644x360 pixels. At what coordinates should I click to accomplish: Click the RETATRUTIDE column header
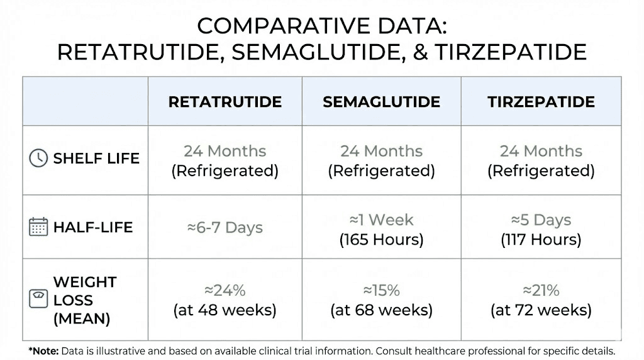click(225, 102)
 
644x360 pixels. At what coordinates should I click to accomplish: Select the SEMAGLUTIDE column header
click(381, 102)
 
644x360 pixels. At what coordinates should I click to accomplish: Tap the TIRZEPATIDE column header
click(541, 102)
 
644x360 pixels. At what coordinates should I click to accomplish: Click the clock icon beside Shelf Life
click(38, 158)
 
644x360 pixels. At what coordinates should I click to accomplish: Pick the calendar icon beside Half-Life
click(38, 227)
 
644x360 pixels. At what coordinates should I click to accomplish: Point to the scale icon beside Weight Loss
click(38, 299)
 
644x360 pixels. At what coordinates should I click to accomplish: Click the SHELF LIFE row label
click(96, 158)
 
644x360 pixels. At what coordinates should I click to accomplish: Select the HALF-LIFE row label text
click(93, 227)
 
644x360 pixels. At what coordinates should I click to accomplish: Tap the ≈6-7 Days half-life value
click(225, 227)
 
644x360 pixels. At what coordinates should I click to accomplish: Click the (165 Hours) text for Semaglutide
click(381, 239)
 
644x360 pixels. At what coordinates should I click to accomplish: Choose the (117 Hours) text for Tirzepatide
click(541, 239)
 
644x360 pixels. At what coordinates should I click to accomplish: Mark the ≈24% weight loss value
click(225, 291)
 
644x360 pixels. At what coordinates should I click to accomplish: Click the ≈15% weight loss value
click(381, 291)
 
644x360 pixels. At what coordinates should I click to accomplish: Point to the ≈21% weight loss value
click(541, 291)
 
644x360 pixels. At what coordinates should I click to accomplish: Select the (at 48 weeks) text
click(225, 310)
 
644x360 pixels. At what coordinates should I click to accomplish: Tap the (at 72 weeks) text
click(541, 310)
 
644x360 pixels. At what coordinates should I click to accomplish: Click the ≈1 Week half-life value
click(381, 220)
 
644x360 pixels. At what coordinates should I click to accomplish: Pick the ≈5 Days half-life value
click(541, 220)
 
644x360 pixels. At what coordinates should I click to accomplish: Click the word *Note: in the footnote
click(42, 351)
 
